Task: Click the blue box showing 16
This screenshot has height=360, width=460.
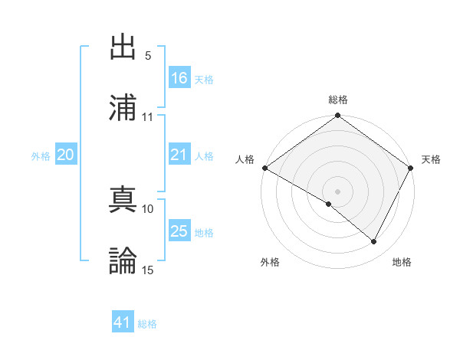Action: pyautogui.click(x=179, y=77)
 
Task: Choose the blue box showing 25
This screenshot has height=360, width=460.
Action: pyautogui.click(x=179, y=231)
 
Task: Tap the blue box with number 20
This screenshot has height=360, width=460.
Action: pyautogui.click(x=66, y=154)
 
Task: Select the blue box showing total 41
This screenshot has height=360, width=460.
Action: pyautogui.click(x=123, y=322)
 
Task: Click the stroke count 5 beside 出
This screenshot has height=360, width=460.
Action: pyautogui.click(x=148, y=56)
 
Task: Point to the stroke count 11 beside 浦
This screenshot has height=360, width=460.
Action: pyautogui.click(x=148, y=117)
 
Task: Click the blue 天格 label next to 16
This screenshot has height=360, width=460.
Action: pyautogui.click(x=204, y=79)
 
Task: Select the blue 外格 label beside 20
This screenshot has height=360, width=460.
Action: pyautogui.click(x=41, y=155)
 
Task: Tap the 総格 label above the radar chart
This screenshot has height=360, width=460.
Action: pyautogui.click(x=338, y=100)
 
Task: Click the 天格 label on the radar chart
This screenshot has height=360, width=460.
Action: pyautogui.click(x=431, y=159)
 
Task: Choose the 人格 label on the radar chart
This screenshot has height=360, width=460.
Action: pyautogui.click(x=245, y=159)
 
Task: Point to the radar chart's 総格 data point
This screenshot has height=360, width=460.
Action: pyautogui.click(x=338, y=116)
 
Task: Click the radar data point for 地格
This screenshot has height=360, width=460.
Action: pyautogui.click(x=374, y=242)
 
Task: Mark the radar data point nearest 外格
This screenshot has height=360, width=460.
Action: pyautogui.click(x=329, y=204)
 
